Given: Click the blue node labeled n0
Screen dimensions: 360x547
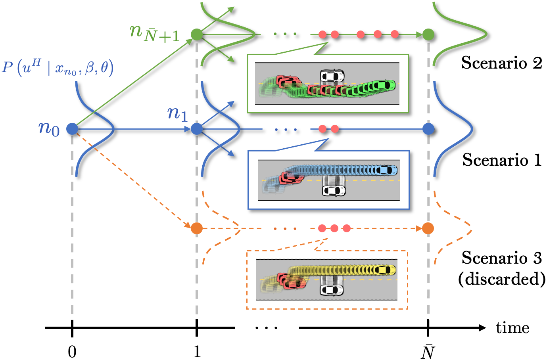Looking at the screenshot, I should click(x=72, y=129).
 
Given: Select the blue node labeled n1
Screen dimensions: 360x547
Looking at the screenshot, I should click(x=197, y=129).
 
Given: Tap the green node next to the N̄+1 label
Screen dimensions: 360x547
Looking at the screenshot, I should click(x=197, y=34).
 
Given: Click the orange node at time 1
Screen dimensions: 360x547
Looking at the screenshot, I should click(x=197, y=228).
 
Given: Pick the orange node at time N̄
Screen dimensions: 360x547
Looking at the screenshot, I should click(x=428, y=228).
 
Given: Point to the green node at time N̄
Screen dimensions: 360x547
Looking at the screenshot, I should click(x=428, y=34).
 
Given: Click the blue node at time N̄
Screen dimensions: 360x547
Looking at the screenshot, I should click(x=428, y=129).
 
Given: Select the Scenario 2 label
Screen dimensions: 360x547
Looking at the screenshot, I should click(x=501, y=63).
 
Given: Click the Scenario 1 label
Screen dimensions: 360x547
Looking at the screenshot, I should click(x=501, y=160).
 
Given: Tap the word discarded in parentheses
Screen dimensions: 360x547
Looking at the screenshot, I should click(x=501, y=279).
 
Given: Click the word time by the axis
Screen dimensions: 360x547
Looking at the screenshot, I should click(x=512, y=328).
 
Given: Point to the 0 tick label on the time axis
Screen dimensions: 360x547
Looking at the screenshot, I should click(x=72, y=351).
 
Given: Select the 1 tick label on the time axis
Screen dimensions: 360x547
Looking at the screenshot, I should click(x=197, y=351).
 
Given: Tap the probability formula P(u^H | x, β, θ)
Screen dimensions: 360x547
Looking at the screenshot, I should click(x=58, y=67).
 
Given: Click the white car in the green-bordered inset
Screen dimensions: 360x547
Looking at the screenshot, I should click(x=332, y=75).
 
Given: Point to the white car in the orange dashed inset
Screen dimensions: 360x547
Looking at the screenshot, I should click(x=332, y=290).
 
